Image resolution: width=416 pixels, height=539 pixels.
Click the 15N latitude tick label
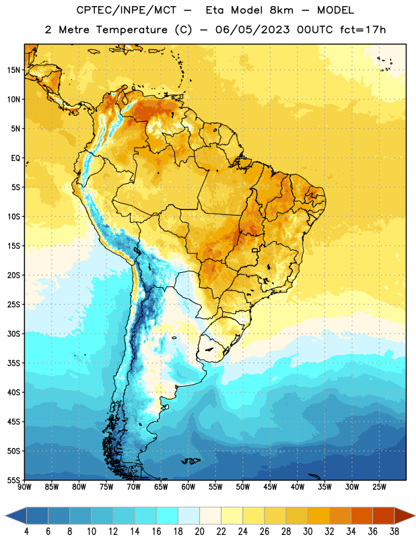(13, 70)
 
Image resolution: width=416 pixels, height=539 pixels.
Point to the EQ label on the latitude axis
(15, 158)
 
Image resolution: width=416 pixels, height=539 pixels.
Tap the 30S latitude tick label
(13, 334)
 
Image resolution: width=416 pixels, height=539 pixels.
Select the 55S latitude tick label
(13, 480)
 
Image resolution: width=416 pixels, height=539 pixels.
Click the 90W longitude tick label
(24, 487)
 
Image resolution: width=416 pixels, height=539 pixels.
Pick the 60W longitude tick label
(188, 487)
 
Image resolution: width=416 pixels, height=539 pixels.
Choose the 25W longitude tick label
(379, 487)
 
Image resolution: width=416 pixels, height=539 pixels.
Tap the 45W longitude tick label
(271, 487)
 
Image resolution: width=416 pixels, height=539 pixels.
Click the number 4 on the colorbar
(26, 532)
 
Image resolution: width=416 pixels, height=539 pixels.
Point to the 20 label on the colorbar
(199, 532)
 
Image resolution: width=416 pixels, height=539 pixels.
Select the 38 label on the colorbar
(394, 532)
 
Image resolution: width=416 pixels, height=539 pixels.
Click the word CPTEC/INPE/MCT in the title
(127, 10)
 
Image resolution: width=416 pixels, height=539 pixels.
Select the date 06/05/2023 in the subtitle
(252, 30)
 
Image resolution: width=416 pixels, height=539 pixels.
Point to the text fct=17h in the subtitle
(363, 30)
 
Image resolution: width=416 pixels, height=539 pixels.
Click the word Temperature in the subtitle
(131, 30)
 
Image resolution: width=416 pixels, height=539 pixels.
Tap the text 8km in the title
(281, 10)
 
